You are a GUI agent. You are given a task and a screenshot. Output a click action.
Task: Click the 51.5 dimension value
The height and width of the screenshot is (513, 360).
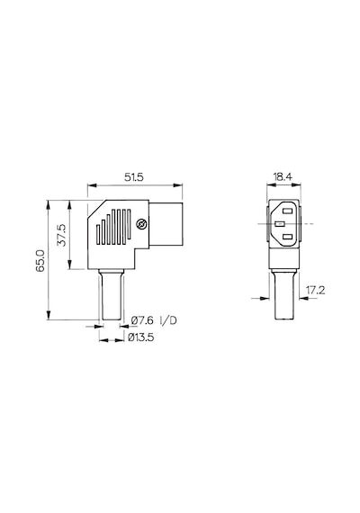tap(134, 177)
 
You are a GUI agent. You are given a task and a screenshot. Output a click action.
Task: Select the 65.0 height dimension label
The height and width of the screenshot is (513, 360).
tap(40, 260)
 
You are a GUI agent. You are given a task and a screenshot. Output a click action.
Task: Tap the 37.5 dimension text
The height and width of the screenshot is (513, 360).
tap(61, 235)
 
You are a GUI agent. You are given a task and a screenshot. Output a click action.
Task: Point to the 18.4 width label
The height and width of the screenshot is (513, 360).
tap(283, 177)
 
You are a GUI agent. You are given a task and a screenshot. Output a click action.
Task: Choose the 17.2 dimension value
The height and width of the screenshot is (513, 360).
tap(315, 290)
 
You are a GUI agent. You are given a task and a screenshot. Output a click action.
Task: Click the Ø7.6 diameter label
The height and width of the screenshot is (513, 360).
tap(142, 320)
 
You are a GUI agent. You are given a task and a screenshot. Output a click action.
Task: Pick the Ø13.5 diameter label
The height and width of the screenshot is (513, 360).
tap(140, 337)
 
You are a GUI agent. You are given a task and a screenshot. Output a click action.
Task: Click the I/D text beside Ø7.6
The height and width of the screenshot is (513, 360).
tap(168, 320)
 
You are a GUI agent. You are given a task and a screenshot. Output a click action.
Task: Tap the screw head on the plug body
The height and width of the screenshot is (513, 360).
tap(141, 224)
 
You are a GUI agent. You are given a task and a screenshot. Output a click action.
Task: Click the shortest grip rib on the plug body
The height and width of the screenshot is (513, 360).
tap(98, 234)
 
